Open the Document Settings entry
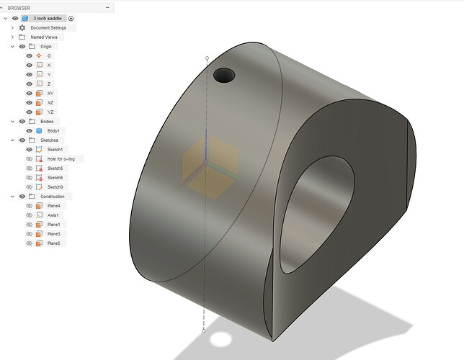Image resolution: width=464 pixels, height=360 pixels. click(x=48, y=27)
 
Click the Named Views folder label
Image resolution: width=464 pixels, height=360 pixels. click(x=44, y=37)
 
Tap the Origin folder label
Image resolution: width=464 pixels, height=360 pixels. click(x=45, y=46)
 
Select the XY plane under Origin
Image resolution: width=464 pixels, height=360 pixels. click(x=49, y=93)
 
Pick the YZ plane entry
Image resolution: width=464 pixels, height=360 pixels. click(x=49, y=112)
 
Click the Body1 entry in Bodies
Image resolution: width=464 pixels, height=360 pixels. click(x=53, y=130)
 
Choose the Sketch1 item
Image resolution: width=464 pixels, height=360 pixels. click(x=55, y=149)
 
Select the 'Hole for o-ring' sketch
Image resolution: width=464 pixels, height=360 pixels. click(x=63, y=158)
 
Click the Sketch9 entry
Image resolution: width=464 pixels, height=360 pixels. click(x=55, y=186)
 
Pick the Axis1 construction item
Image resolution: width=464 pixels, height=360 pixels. click(x=53, y=215)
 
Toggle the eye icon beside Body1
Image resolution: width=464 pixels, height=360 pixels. click(x=30, y=130)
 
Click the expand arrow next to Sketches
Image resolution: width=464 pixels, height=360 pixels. click(x=12, y=140)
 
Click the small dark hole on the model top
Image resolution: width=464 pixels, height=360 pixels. click(x=224, y=74)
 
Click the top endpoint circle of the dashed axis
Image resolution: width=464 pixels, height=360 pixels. click(x=208, y=58)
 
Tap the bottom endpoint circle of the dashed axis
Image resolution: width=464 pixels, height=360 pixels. click(x=204, y=330)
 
